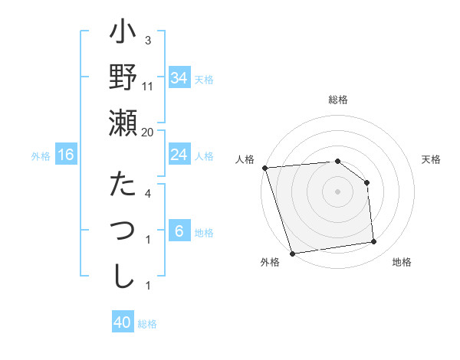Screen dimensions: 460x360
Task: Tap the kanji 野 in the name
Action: click(x=123, y=78)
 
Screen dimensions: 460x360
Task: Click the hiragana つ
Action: click(x=123, y=229)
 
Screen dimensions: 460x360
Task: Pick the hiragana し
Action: click(x=123, y=273)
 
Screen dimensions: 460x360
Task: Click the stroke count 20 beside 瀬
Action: click(x=148, y=132)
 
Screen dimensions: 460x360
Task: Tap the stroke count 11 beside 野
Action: click(x=148, y=86)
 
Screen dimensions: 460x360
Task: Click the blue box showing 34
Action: click(x=179, y=78)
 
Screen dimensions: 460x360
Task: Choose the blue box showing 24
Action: click(x=179, y=155)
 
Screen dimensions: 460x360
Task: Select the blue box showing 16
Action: click(x=66, y=155)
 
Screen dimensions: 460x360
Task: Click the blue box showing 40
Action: click(x=123, y=322)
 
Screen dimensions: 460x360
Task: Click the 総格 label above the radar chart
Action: click(x=338, y=100)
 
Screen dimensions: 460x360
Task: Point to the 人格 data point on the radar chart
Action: click(x=264, y=168)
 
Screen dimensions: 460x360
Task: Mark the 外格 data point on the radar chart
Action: click(x=292, y=254)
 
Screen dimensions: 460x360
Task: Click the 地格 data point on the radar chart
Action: click(x=374, y=242)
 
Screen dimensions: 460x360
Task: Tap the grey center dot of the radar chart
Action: click(x=338, y=191)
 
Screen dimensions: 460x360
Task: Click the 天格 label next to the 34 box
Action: click(x=205, y=79)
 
